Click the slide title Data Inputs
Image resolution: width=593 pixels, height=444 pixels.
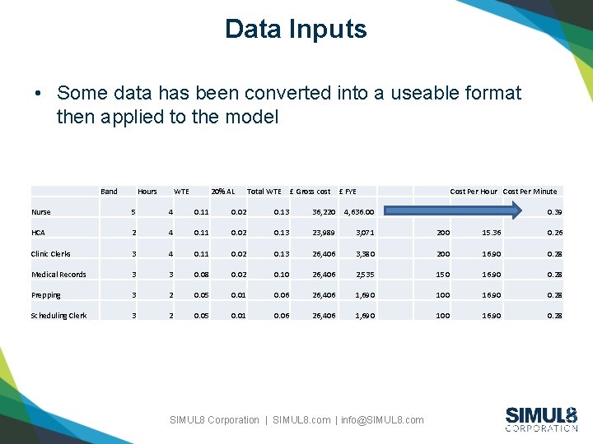(296, 30)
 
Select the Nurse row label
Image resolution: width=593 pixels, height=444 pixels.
(41, 212)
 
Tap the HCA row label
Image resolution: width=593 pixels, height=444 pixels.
(39, 233)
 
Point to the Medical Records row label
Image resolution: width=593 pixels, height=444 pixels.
(58, 275)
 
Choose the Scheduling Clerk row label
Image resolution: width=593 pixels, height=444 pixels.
(58, 316)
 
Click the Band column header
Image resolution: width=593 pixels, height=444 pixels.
(109, 192)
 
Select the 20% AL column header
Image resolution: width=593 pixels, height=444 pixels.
(222, 192)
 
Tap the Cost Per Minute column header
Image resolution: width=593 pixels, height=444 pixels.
(530, 192)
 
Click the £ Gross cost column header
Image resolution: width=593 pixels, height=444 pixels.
(311, 192)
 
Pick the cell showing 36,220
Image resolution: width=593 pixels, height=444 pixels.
(324, 212)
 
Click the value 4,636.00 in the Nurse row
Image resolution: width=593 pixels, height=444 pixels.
(359, 212)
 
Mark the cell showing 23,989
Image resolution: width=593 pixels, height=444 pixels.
(324, 233)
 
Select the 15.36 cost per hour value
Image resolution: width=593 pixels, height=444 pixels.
(492, 233)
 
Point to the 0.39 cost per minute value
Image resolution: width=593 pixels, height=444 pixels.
(555, 212)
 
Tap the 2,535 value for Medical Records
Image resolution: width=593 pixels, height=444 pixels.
(365, 275)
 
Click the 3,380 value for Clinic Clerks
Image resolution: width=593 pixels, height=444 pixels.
(365, 254)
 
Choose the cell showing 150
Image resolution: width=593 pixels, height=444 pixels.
(442, 275)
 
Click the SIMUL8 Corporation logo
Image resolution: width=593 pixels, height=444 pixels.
(541, 419)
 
